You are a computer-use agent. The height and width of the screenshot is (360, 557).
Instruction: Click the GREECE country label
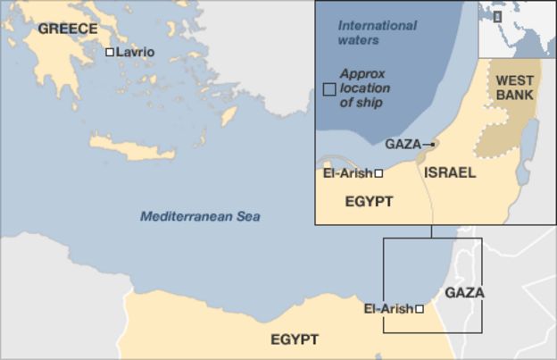(x=68, y=29)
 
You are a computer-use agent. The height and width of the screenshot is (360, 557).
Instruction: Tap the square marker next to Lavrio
(x=110, y=53)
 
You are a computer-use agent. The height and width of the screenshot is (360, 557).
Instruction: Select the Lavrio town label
(x=135, y=53)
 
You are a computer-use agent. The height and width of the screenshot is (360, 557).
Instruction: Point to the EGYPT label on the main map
(x=295, y=339)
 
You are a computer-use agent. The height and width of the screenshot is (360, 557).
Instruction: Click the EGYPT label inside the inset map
(x=369, y=202)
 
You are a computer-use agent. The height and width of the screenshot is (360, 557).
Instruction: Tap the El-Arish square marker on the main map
(x=420, y=309)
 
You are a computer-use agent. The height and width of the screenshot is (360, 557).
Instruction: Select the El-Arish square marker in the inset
(x=379, y=173)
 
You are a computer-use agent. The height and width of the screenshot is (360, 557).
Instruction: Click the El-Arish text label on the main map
(x=388, y=309)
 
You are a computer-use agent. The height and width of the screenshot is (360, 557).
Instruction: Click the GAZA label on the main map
(x=464, y=292)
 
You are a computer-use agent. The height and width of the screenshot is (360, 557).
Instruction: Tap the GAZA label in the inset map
(x=403, y=144)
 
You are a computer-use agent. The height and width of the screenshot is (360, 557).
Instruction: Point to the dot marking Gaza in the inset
(x=433, y=144)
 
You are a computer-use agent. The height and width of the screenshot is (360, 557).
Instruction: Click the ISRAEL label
(x=449, y=172)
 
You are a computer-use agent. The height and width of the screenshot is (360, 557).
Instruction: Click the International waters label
(x=377, y=32)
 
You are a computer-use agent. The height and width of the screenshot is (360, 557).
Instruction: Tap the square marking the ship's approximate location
(x=329, y=89)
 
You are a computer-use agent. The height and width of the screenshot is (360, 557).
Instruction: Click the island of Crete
(x=132, y=147)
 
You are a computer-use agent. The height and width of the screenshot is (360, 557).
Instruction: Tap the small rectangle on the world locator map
(x=497, y=16)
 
